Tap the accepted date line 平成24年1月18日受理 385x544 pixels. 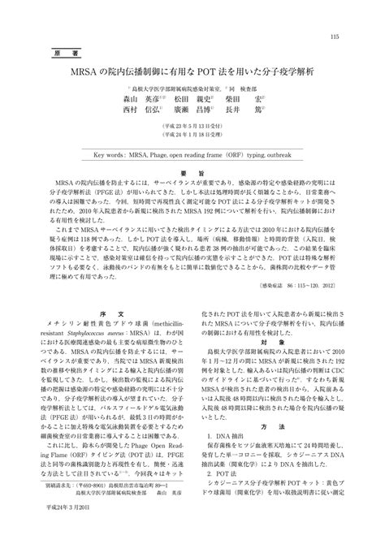click(x=192, y=147)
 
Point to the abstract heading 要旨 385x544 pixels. click(x=192, y=175)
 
